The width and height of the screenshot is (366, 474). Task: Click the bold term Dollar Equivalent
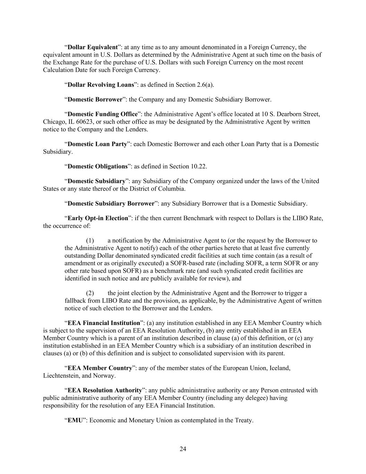(93, 47)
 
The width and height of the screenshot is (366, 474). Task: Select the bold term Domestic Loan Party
(97, 144)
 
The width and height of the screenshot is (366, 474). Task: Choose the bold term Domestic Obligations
(97, 166)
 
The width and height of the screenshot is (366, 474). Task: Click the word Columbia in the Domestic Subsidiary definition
(173, 189)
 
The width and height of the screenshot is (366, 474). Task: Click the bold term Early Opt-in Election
(98, 218)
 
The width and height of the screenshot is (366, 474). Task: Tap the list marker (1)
(90, 241)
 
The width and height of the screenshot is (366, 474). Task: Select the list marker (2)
(90, 293)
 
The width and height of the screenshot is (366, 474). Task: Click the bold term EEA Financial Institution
(104, 323)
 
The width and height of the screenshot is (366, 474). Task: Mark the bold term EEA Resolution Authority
(105, 390)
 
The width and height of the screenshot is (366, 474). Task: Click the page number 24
(183, 449)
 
